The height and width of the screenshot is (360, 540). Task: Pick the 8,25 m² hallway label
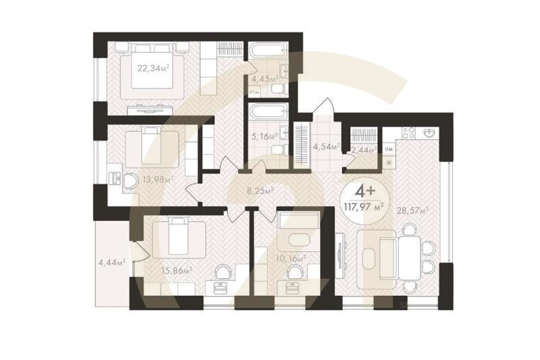260,191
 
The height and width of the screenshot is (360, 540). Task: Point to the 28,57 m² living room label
414,211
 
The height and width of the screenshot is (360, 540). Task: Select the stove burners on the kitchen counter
407,133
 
